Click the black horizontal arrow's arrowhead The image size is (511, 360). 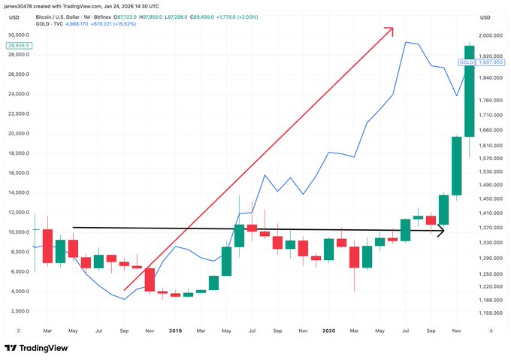(x=442, y=231)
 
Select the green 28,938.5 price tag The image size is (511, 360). (x=19, y=45)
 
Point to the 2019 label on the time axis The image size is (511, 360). (x=175, y=330)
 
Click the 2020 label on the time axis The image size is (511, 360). (x=328, y=330)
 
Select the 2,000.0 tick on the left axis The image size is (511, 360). (x=20, y=311)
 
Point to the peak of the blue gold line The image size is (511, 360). (x=406, y=42)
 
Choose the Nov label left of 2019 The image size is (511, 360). (x=149, y=330)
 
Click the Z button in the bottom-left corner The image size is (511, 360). (x=17, y=330)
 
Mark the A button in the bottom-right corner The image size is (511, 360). (x=491, y=330)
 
